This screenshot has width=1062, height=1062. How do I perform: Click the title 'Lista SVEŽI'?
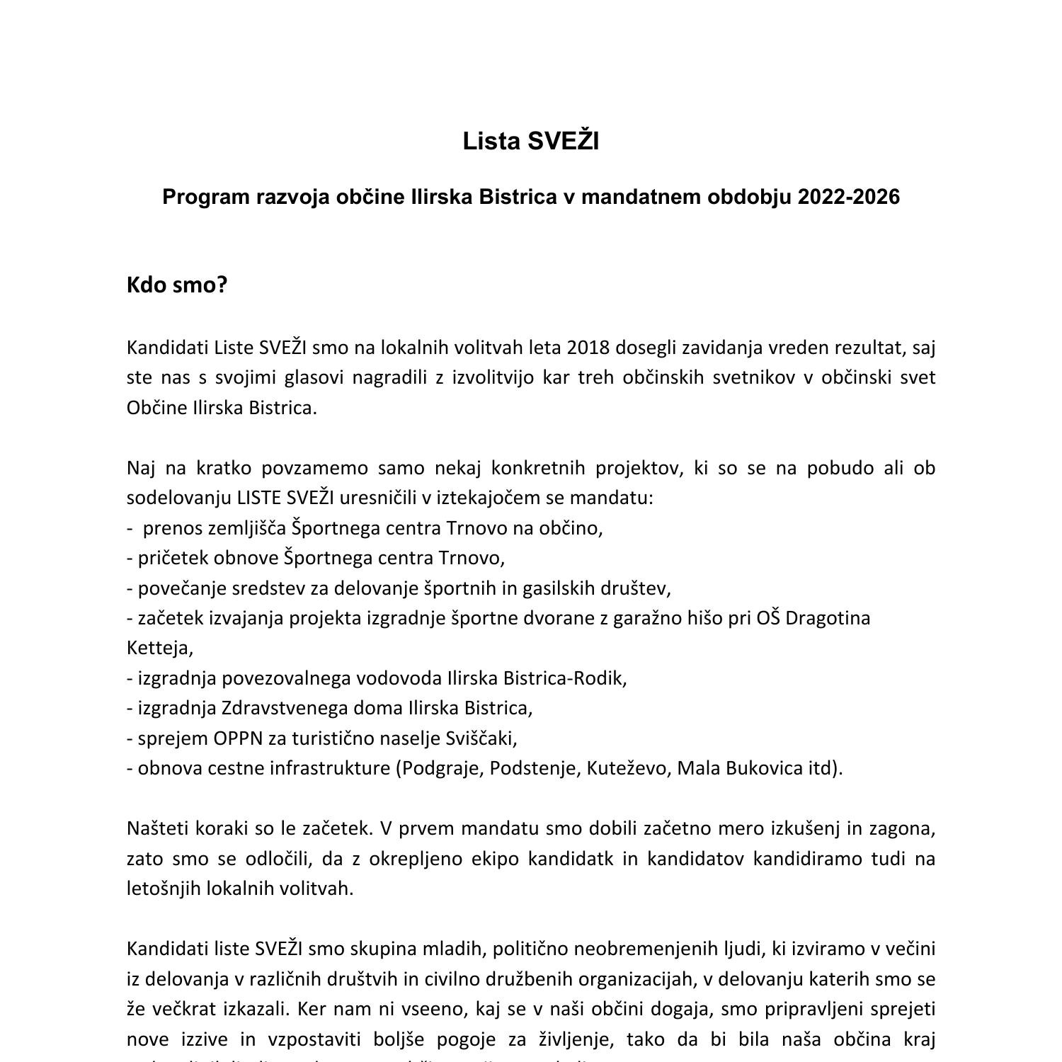[x=530, y=142]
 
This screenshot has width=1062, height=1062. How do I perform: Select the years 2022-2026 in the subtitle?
[x=848, y=197]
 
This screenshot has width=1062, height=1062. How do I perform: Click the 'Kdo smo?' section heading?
[x=177, y=285]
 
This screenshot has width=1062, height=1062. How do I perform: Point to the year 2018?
[x=588, y=348]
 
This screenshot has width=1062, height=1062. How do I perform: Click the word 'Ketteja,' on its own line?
[x=160, y=648]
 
